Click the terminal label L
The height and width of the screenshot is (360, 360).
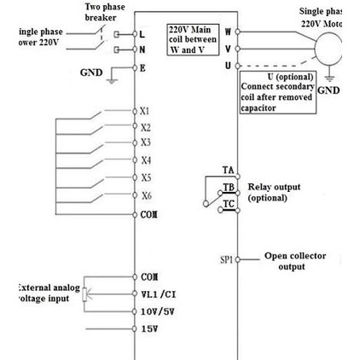click(x=143, y=34)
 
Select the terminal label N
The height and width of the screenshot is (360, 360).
click(x=143, y=49)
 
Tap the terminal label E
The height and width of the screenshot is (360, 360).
click(x=143, y=66)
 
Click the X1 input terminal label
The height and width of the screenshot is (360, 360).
click(x=146, y=111)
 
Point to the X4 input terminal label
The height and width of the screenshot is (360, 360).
click(x=146, y=160)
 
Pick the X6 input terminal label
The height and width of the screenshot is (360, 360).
click(x=146, y=195)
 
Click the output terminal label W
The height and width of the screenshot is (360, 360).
click(x=228, y=31)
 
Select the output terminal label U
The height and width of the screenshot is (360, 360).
click(x=228, y=65)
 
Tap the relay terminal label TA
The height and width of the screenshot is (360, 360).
click(x=228, y=171)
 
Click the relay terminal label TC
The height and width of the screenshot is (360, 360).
click(x=228, y=205)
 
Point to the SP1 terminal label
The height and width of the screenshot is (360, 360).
click(x=226, y=258)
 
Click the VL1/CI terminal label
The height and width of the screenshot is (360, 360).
click(x=159, y=294)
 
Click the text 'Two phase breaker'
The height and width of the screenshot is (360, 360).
click(x=108, y=12)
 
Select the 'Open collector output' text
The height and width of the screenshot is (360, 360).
click(x=293, y=260)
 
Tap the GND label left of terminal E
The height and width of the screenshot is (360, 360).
click(x=91, y=73)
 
